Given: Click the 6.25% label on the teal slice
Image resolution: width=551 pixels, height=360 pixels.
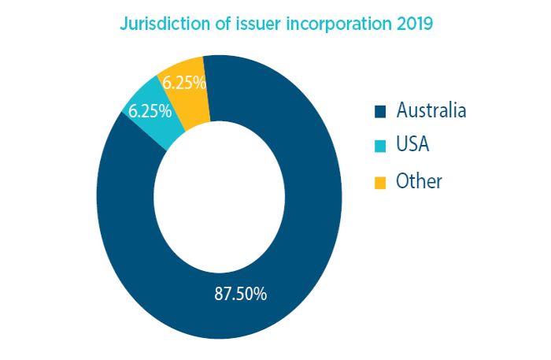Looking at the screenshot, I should point(150,111).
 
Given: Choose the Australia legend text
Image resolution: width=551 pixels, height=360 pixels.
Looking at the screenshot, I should point(431,109).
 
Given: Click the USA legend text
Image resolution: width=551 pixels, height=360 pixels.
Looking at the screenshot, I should point(413,145).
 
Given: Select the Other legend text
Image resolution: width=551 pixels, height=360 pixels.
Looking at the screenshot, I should point(420,181).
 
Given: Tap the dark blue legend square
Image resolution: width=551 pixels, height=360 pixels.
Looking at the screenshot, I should point(380,110).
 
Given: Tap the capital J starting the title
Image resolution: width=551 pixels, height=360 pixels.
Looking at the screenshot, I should point(123,24).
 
